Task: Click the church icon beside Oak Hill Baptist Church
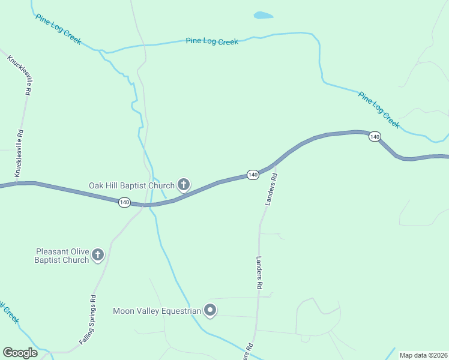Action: [x=184, y=185]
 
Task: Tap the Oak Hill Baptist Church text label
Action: [x=131, y=185]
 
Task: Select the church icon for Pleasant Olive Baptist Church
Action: [x=98, y=256]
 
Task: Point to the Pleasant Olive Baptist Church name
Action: [x=62, y=256]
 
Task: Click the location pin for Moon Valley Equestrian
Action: [x=209, y=311]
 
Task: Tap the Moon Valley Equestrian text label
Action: [x=157, y=311]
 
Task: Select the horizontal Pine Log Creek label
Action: [x=212, y=41]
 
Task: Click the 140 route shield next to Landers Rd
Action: [x=253, y=175]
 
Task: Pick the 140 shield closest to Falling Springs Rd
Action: [x=124, y=203]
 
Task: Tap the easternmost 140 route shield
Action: [x=375, y=137]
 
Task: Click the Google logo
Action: [x=20, y=353]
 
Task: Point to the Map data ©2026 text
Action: [x=423, y=355]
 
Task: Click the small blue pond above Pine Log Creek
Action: [x=263, y=16]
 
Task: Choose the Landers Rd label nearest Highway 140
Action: [x=271, y=190]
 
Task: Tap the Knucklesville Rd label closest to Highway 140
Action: [x=20, y=152]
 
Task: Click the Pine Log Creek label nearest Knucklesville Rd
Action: [x=58, y=28]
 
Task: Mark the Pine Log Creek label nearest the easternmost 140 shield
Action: [x=379, y=109]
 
